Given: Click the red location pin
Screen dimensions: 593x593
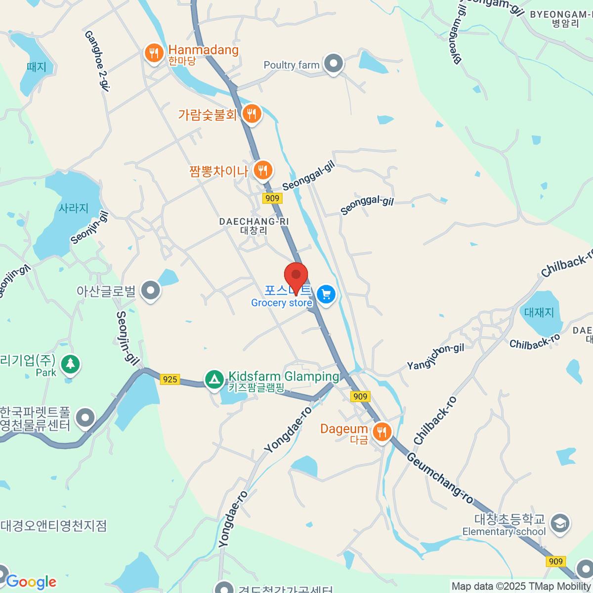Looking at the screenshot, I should click(x=296, y=275).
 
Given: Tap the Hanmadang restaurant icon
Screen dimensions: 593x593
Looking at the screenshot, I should click(x=154, y=52).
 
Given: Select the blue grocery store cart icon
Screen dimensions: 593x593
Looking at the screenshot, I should click(x=326, y=295).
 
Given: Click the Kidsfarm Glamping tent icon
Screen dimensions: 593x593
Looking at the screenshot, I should click(x=214, y=380).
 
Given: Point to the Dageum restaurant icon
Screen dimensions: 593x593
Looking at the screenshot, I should click(x=381, y=432).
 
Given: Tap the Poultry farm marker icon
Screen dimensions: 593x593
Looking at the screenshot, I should click(x=334, y=64).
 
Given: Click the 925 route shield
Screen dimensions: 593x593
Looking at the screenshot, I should click(x=169, y=379).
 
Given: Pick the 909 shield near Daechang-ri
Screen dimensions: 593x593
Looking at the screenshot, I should click(x=272, y=198).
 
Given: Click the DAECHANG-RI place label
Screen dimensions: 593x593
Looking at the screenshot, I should click(x=254, y=222).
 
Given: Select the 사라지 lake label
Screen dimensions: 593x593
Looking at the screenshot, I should click(x=74, y=208).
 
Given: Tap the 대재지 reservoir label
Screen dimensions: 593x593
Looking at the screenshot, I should click(x=539, y=312).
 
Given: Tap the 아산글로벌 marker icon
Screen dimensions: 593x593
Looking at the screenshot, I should click(x=150, y=291).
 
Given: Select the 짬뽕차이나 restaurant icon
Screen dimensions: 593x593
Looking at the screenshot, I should click(x=263, y=170).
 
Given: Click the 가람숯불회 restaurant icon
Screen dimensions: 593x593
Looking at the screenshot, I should click(x=252, y=114).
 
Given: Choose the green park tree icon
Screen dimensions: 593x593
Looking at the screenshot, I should click(x=70, y=364).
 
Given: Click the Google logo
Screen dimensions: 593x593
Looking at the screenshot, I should click(x=31, y=582).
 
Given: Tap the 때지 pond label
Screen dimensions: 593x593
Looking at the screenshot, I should click(x=37, y=67).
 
